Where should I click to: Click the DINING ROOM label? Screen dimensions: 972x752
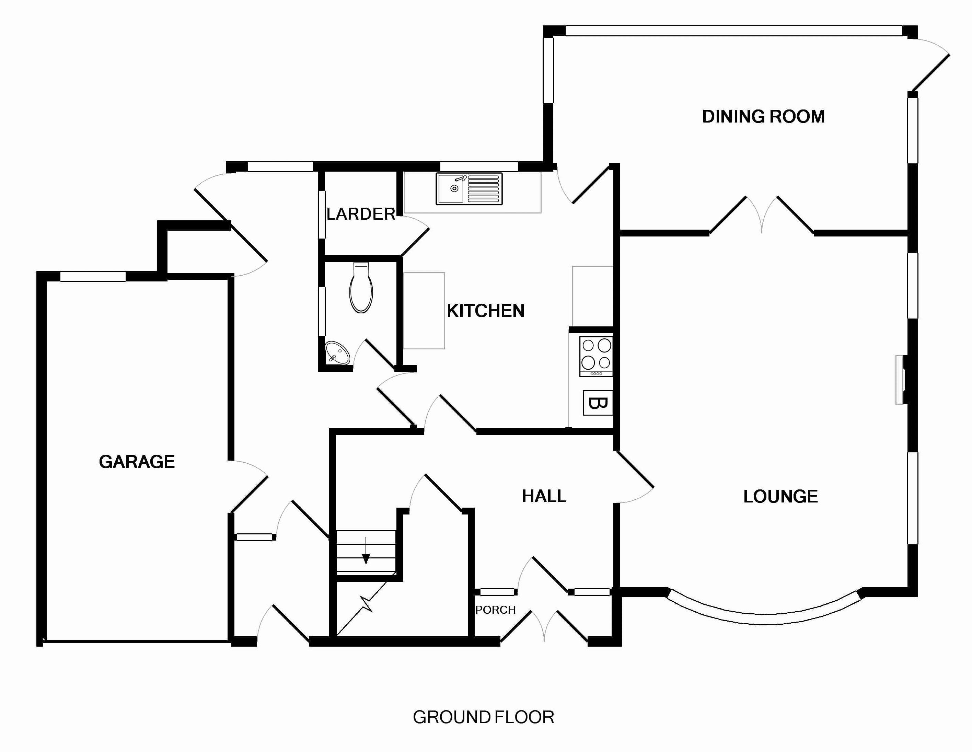pyautogui.click(x=763, y=117)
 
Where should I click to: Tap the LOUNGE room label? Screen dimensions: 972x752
pyautogui.click(x=780, y=497)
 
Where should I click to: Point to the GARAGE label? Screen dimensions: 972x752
pyautogui.click(x=137, y=462)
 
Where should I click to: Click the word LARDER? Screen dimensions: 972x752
pyautogui.click(x=360, y=214)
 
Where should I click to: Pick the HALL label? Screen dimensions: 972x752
pyautogui.click(x=544, y=496)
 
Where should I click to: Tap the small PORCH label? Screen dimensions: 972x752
pyautogui.click(x=495, y=610)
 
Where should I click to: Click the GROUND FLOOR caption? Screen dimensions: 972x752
pyautogui.click(x=483, y=717)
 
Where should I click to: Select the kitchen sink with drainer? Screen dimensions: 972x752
pyautogui.click(x=469, y=189)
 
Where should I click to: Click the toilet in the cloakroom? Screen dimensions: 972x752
pyautogui.click(x=361, y=288)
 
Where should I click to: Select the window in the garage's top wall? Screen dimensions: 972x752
pyautogui.click(x=93, y=277)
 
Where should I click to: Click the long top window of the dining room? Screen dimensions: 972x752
pyautogui.click(x=734, y=31)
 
